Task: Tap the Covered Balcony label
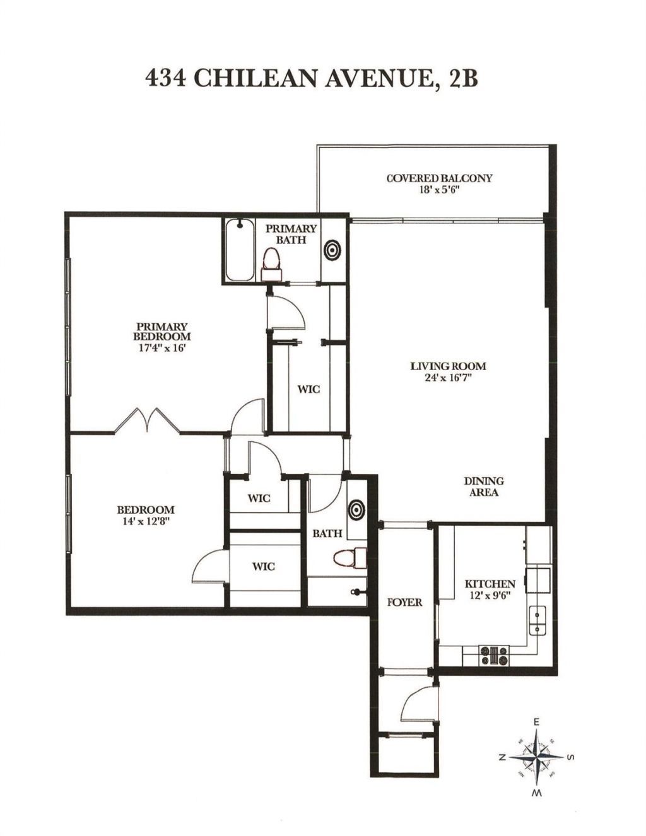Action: (x=439, y=178)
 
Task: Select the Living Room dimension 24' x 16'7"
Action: (x=448, y=378)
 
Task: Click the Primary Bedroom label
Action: (x=162, y=331)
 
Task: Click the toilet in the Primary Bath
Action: (x=271, y=264)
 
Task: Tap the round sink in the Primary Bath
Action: (x=332, y=250)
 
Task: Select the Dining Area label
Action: (x=484, y=486)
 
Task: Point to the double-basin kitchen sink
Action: (x=538, y=619)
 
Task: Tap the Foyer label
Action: (x=404, y=602)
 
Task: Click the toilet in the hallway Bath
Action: (x=350, y=558)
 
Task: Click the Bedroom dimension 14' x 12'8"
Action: (x=145, y=521)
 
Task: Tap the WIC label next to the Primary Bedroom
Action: (x=308, y=389)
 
